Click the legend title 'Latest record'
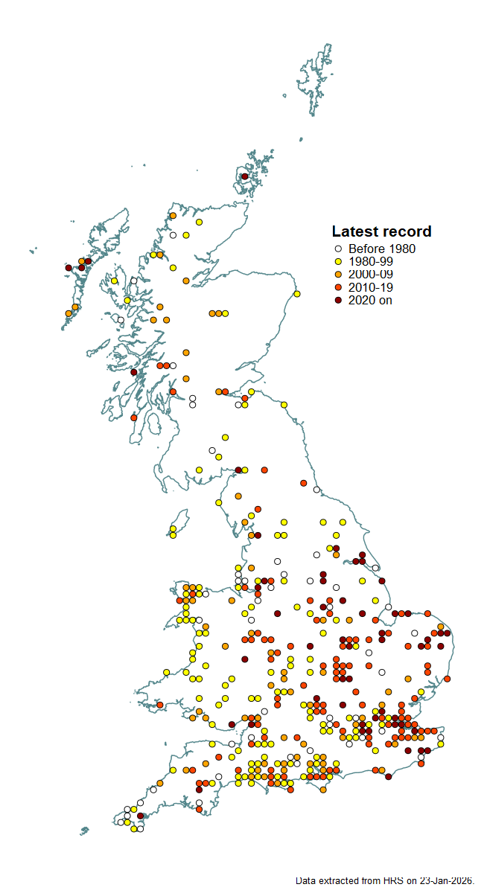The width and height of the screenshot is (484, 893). click(x=381, y=231)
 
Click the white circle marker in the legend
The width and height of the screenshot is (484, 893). click(x=337, y=249)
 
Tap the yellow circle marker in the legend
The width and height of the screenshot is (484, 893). click(x=337, y=262)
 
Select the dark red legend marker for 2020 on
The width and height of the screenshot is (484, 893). click(x=337, y=300)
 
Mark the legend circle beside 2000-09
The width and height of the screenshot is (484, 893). click(x=337, y=275)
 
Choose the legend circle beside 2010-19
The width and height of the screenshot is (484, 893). click(x=337, y=287)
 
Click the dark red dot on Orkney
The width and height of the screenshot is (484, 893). click(x=244, y=176)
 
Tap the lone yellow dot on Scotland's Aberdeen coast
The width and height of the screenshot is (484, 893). click(x=296, y=294)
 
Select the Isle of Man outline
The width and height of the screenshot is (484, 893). click(x=179, y=519)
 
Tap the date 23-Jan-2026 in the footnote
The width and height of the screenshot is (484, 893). click(x=445, y=880)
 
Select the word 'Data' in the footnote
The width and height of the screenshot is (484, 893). click(x=305, y=880)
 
